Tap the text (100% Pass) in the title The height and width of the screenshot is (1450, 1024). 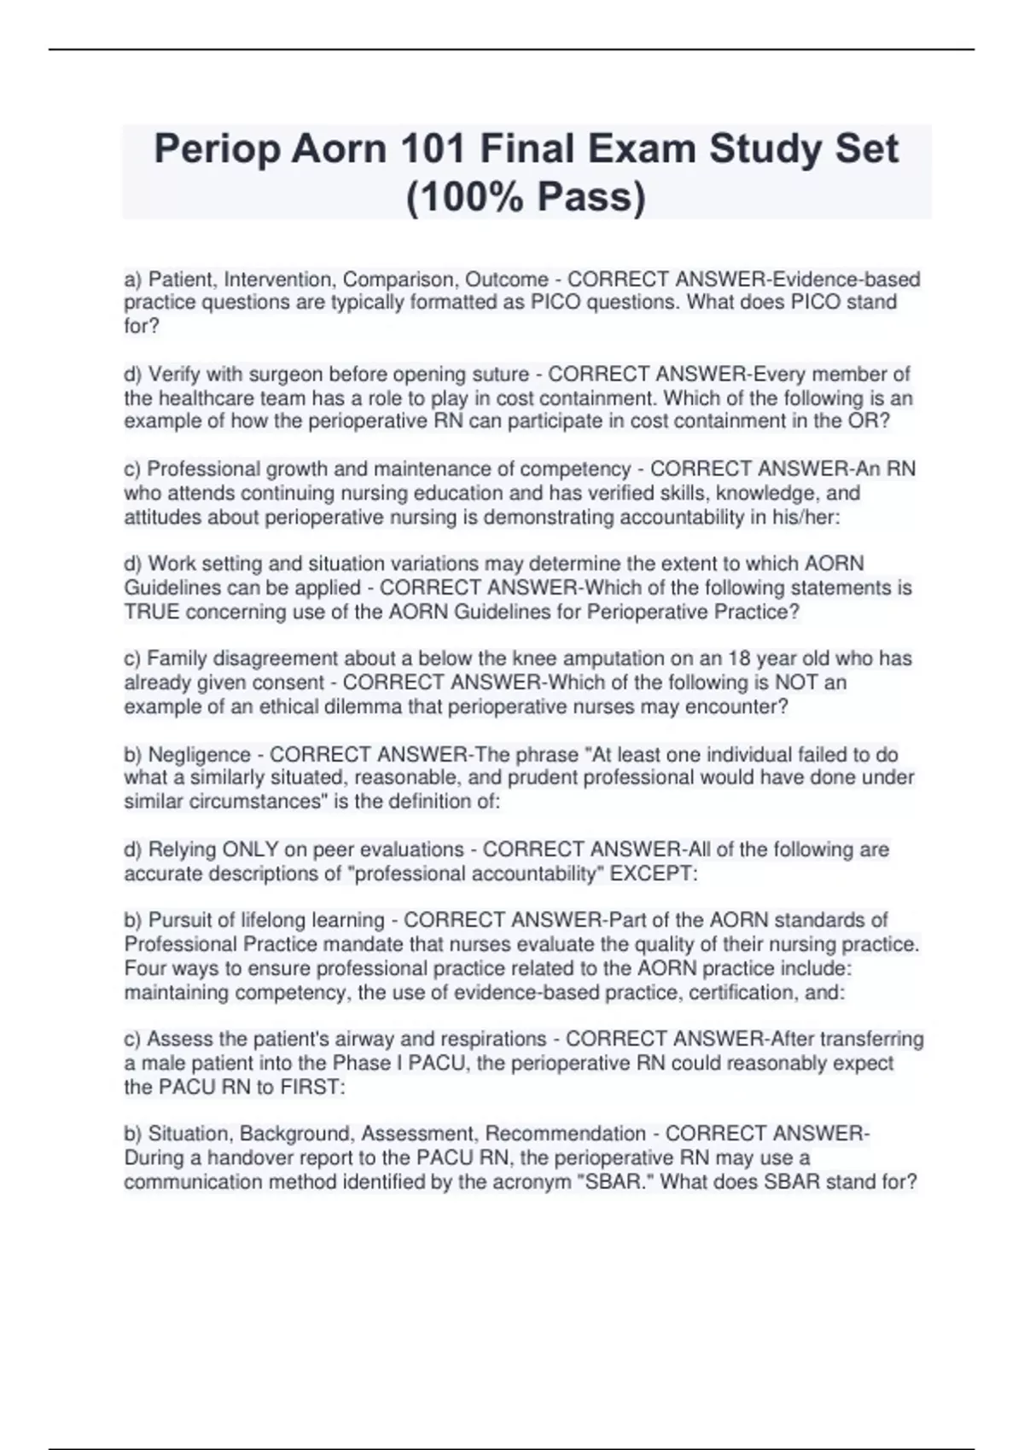point(526,197)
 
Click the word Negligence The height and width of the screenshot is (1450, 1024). point(199,755)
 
